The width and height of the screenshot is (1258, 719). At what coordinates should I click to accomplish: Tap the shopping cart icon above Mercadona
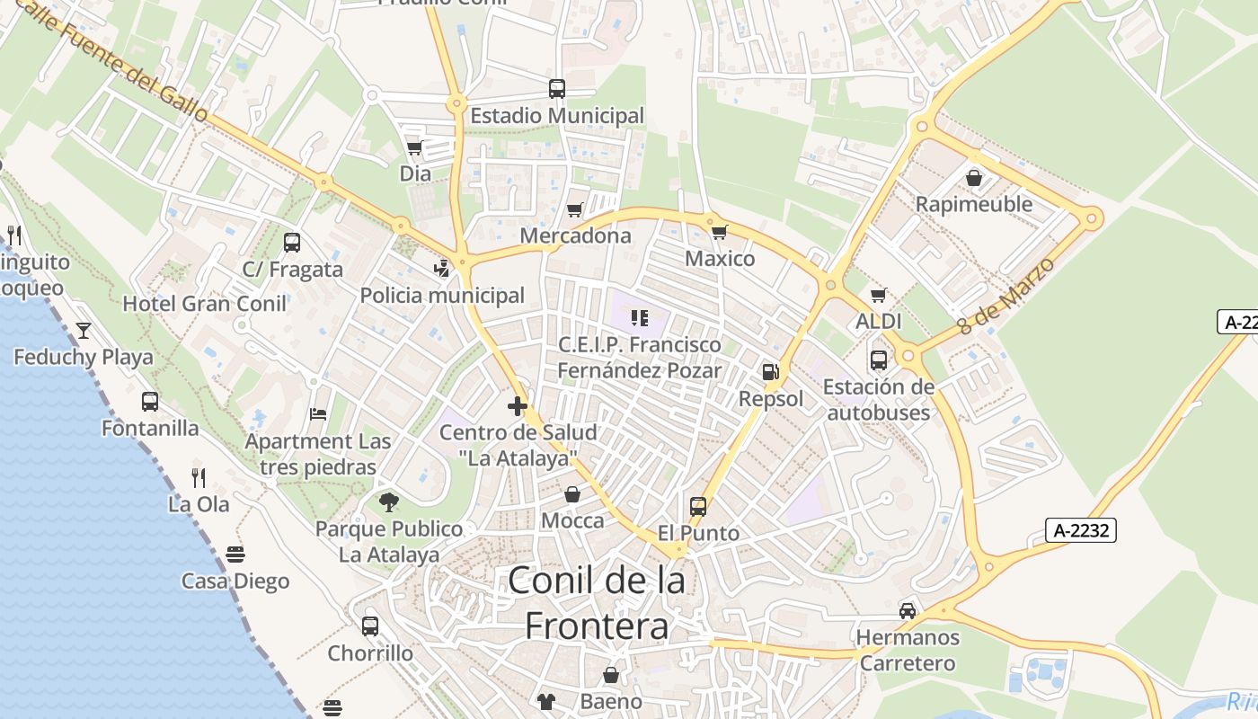574,210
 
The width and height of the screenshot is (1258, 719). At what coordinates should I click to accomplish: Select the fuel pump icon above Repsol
770,371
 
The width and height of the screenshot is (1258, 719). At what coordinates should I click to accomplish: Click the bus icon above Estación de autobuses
878,360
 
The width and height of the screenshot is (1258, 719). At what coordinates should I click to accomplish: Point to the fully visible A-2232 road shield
1081,530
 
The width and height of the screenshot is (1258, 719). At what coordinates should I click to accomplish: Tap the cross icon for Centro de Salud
517,406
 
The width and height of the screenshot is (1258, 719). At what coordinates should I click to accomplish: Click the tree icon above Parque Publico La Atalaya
389,502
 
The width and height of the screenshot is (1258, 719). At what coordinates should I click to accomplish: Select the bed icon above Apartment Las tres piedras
318,414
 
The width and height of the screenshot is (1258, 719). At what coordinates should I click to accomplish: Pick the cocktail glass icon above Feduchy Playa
84,331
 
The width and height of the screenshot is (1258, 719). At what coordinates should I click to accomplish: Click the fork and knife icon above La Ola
199,477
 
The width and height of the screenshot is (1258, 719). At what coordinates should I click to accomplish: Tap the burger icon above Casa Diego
235,554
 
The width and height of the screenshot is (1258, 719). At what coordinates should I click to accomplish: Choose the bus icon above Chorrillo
370,626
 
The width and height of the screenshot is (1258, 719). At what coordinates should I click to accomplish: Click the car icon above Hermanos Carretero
908,611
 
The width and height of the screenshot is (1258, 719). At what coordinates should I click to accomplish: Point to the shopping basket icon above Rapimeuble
974,178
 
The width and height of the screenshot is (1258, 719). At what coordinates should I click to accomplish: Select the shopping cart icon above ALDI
878,295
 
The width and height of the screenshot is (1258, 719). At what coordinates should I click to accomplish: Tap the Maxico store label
720,259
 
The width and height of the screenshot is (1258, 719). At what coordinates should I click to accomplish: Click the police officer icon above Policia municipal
441,268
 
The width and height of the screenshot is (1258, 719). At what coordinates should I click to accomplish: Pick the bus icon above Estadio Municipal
557,89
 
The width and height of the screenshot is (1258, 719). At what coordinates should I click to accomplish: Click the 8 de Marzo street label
1006,296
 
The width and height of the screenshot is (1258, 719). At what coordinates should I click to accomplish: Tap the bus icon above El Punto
698,506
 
